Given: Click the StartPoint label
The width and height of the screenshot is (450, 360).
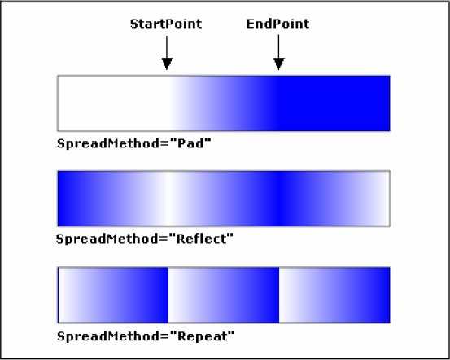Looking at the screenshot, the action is click(x=166, y=24).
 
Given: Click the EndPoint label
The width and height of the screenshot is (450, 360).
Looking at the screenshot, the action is click(x=277, y=24).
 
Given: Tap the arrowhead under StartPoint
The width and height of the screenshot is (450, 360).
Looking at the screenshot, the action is click(x=167, y=64).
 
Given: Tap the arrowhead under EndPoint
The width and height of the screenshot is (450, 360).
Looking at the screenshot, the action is click(x=278, y=64).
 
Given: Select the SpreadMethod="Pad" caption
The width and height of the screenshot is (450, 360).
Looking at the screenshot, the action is click(x=134, y=143).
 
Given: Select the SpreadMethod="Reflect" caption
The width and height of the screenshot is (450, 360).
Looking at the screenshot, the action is click(x=145, y=239).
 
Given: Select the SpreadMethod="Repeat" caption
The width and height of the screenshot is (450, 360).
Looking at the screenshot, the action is click(x=146, y=336).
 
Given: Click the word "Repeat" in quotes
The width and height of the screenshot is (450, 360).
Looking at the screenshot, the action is click(x=203, y=336).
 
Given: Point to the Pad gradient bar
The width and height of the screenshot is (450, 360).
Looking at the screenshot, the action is click(x=224, y=103).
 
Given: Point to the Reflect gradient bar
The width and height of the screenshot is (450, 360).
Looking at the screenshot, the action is click(x=224, y=199).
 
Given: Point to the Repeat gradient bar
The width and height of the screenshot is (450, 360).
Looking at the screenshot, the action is click(x=224, y=295).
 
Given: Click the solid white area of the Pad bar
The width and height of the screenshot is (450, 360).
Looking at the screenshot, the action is click(x=113, y=103).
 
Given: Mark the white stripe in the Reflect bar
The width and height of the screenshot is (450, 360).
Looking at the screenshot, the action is click(x=169, y=199).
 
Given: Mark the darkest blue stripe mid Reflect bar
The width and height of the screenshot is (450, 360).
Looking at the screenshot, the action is click(x=280, y=199).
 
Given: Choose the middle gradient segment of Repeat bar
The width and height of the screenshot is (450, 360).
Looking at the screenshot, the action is click(x=224, y=295).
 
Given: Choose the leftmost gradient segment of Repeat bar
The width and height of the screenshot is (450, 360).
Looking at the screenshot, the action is click(x=113, y=295).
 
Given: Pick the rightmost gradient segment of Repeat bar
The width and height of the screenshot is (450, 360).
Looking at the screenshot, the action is click(x=334, y=295).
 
